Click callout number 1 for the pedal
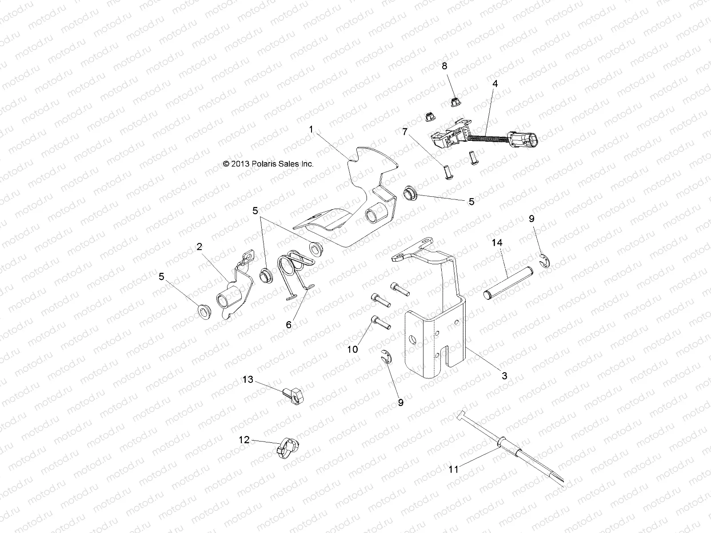point(311,129)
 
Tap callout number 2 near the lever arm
point(200,247)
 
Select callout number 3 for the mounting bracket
point(504,376)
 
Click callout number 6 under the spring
point(288,325)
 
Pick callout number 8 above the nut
point(444,66)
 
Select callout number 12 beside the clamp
point(244,440)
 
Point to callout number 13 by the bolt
point(248,379)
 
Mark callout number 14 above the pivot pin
point(496,243)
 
